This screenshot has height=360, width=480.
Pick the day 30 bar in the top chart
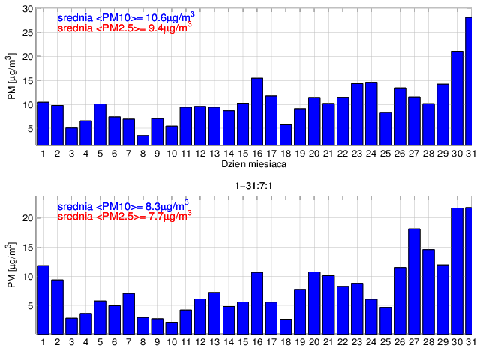click(457, 98)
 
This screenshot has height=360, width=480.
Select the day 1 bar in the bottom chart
click(43, 299)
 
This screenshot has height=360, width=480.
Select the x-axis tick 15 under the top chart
click(243, 153)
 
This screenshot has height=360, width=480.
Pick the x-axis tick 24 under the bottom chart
click(371, 342)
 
